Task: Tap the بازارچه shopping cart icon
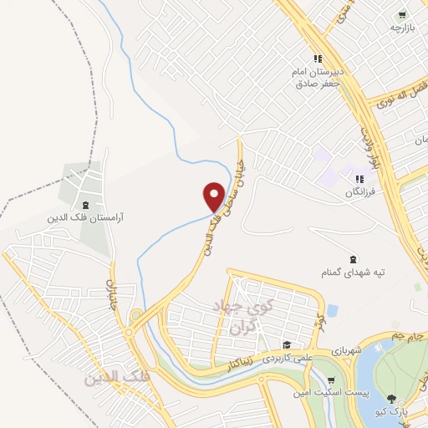[x=403, y=14]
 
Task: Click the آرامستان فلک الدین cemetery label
[x=84, y=217]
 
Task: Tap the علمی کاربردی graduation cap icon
[x=286, y=345]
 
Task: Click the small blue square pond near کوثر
[x=333, y=311]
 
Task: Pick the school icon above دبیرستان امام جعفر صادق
[x=318, y=59]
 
